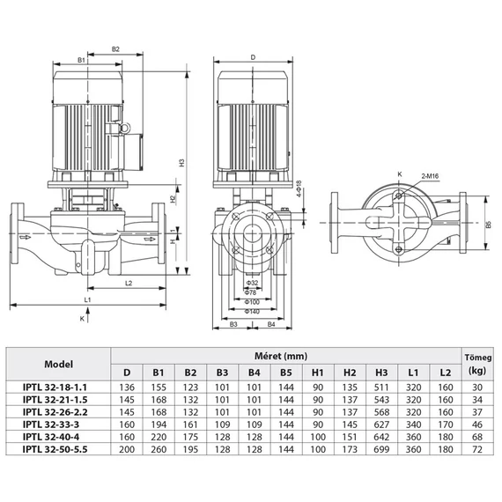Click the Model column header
click(x=59, y=364)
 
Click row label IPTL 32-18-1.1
click(x=59, y=386)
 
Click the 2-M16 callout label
click(x=431, y=177)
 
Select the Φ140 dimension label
click(x=252, y=313)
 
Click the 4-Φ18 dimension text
click(x=299, y=193)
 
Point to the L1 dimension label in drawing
click(x=87, y=299)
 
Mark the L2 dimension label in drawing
click(x=128, y=283)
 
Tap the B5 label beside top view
click(x=487, y=225)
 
